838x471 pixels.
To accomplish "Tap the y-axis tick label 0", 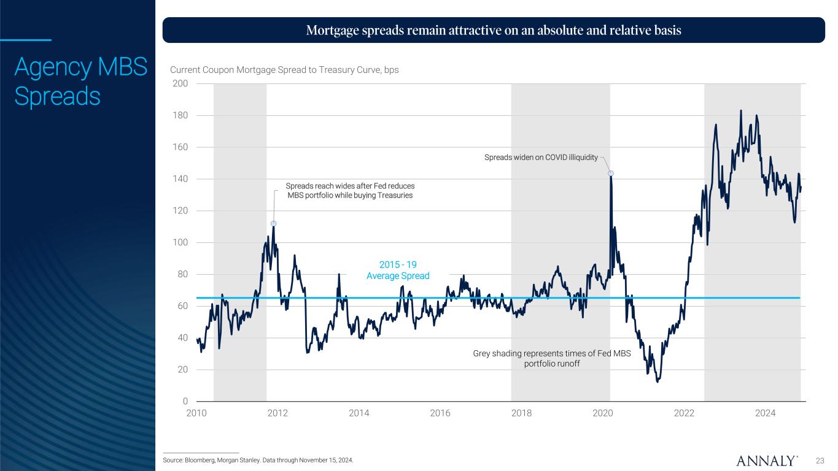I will [185, 402].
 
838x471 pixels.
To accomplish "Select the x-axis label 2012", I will [277, 413].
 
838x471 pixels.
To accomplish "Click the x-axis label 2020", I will [603, 413].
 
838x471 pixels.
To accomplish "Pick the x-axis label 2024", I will [766, 413].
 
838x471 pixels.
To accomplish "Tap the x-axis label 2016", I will [440, 413].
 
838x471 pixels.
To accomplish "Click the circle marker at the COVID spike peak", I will [611, 174].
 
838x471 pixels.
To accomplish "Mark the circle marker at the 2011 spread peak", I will [273, 224].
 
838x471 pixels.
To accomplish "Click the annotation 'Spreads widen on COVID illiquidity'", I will [541, 158].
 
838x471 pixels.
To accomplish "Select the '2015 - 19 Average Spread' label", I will [398, 270].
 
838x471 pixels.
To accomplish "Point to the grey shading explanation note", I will [551, 358].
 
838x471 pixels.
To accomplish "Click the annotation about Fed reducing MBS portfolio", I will [351, 190].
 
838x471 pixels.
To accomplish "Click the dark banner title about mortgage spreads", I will [494, 30].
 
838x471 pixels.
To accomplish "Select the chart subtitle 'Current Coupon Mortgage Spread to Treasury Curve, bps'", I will [284, 70].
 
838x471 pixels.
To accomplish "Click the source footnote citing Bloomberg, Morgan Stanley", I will [258, 460].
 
